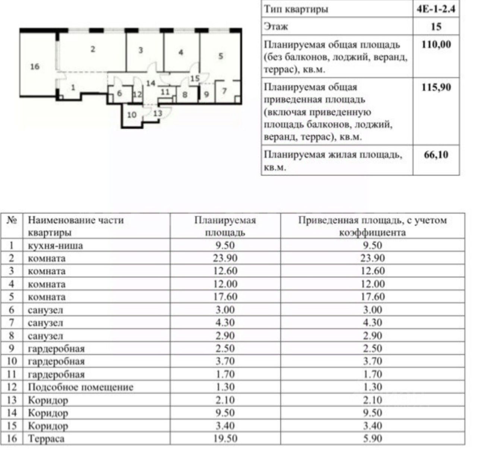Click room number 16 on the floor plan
coord(35,67)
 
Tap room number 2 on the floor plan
coord(93,49)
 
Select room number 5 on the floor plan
coord(221,56)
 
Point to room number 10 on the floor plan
coord(132,115)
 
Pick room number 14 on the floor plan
coord(150,83)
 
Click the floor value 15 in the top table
coord(436,26)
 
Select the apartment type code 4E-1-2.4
coord(436,9)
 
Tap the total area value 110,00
coord(436,45)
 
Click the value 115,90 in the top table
coord(436,87)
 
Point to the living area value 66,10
coord(436,154)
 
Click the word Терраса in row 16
coord(46,438)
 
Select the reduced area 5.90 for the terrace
coord(372,438)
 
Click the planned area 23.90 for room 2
coord(225,258)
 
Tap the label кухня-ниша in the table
coord(56,245)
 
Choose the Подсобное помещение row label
coord(80,387)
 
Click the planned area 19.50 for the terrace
coord(225,438)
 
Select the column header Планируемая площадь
coord(225,226)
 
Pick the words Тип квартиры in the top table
coord(296,9)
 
